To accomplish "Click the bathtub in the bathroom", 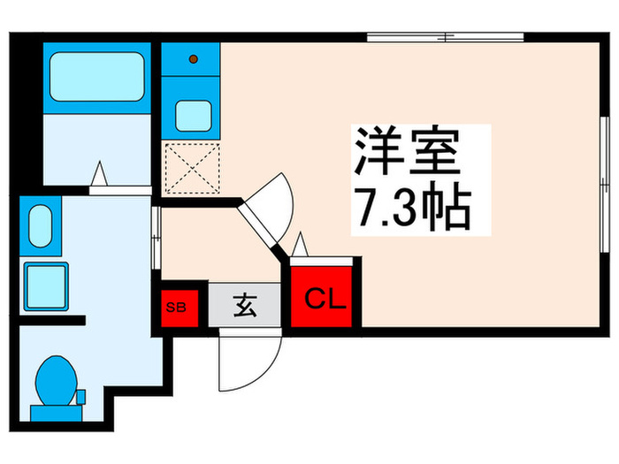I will pos(97,77).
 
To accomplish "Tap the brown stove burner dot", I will pos(193,61).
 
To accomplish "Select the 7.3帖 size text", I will pos(412,209).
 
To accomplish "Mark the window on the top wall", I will pos(446,38).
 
